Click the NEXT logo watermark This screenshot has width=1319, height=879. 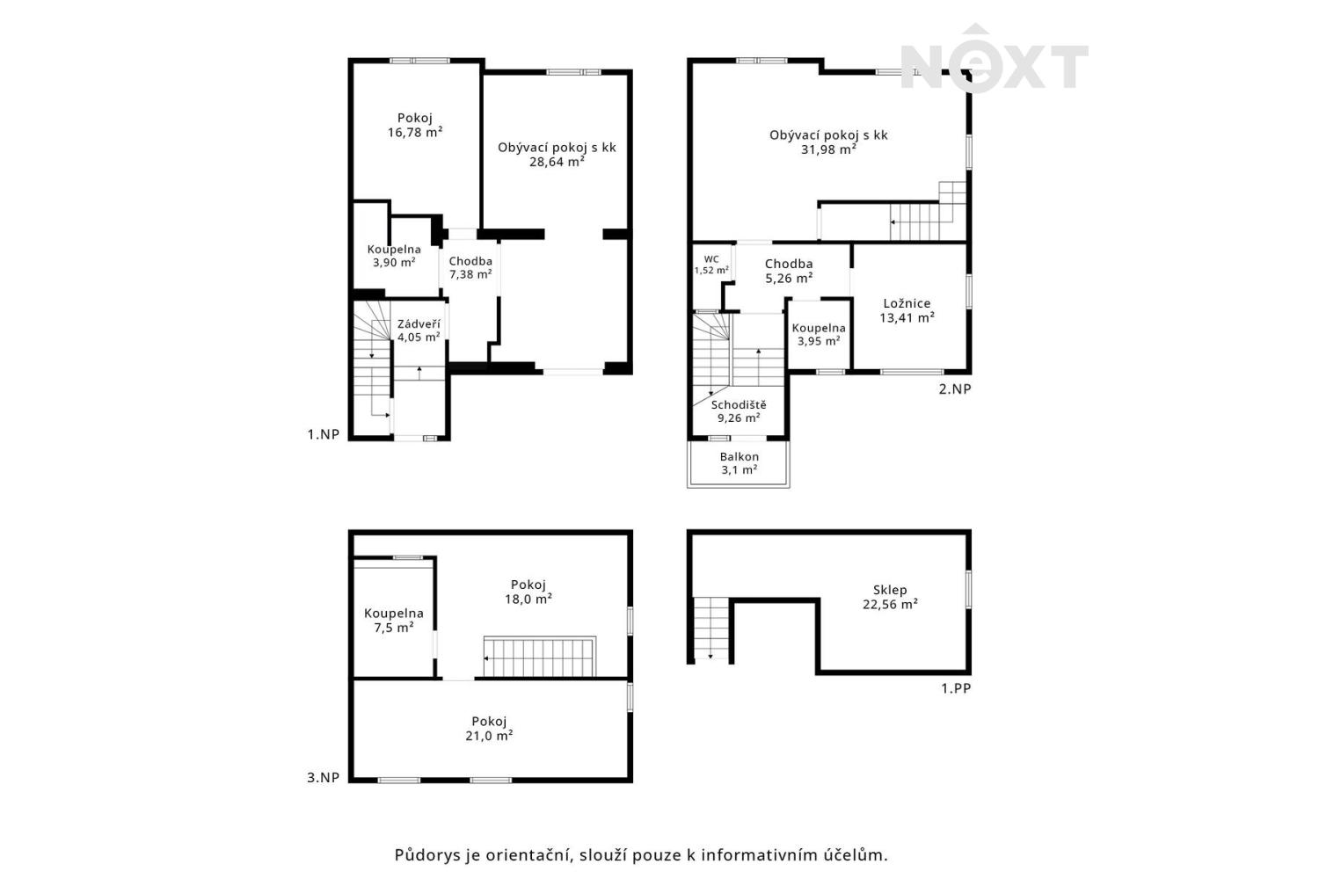pyautogui.click(x=994, y=60)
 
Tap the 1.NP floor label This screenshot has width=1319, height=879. pyautogui.click(x=324, y=434)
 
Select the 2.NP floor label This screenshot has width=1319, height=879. pyautogui.click(x=954, y=389)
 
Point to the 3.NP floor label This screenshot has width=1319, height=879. pyautogui.click(x=324, y=778)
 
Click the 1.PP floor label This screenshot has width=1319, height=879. pyautogui.click(x=956, y=688)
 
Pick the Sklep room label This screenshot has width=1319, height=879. pyautogui.click(x=890, y=590)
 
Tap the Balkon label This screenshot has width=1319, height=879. pyautogui.click(x=739, y=457)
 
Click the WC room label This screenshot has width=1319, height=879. pyautogui.click(x=711, y=259)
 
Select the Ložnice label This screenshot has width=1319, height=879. pyautogui.click(x=907, y=304)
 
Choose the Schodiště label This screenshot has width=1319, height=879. pyautogui.click(x=739, y=405)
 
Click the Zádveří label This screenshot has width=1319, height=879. pyautogui.click(x=418, y=324)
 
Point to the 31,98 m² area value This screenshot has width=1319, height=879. pyautogui.click(x=828, y=149)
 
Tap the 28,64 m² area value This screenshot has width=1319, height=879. pyautogui.click(x=557, y=162)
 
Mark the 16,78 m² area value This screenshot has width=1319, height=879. pyautogui.click(x=414, y=133)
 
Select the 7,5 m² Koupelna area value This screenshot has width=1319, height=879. pyautogui.click(x=393, y=628)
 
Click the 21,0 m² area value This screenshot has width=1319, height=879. pyautogui.click(x=489, y=736)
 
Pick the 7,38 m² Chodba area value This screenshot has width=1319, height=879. pyautogui.click(x=470, y=274)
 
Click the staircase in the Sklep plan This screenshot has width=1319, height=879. pyautogui.click(x=711, y=628)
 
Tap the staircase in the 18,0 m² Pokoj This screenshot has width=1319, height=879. pyautogui.click(x=540, y=657)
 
